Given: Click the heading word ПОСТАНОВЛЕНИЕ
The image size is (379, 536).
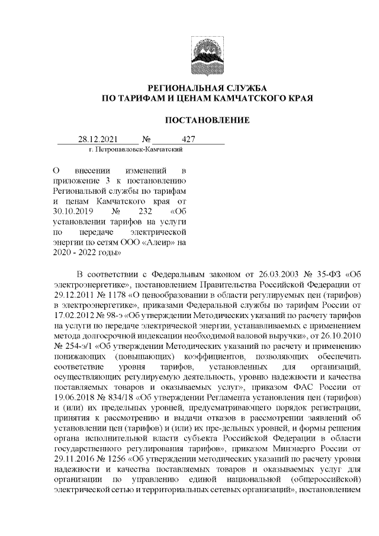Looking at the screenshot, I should coord(207,120).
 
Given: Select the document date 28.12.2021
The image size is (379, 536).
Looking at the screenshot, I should coord(98,141).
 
